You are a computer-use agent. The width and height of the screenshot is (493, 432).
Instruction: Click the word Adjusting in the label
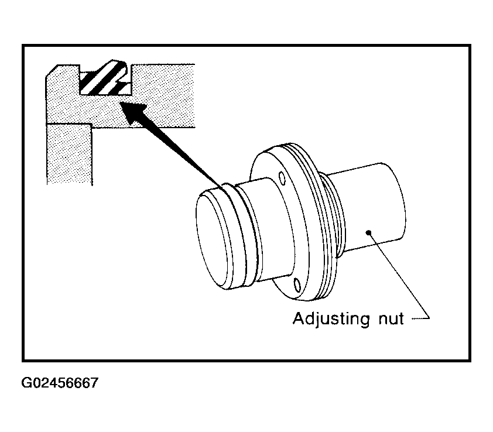click(x=331, y=320)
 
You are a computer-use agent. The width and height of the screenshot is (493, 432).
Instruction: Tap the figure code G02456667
click(x=60, y=383)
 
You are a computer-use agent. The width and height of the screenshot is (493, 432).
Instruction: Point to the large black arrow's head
click(x=133, y=112)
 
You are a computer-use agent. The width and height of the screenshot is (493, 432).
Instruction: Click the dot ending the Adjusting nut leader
click(x=368, y=232)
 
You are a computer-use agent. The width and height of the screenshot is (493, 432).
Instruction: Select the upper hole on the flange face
click(x=282, y=179)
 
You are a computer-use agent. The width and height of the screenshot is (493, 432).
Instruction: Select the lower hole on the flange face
click(x=297, y=285)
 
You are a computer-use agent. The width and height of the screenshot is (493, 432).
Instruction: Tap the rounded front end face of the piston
click(x=211, y=241)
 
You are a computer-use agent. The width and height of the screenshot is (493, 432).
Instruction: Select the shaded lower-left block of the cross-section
click(x=69, y=154)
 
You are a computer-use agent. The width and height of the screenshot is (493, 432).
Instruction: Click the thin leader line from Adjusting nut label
click(x=399, y=275)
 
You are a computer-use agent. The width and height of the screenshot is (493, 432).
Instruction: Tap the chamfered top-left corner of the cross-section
click(x=52, y=70)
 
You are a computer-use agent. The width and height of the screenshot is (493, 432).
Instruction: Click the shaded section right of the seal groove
click(x=163, y=94)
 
